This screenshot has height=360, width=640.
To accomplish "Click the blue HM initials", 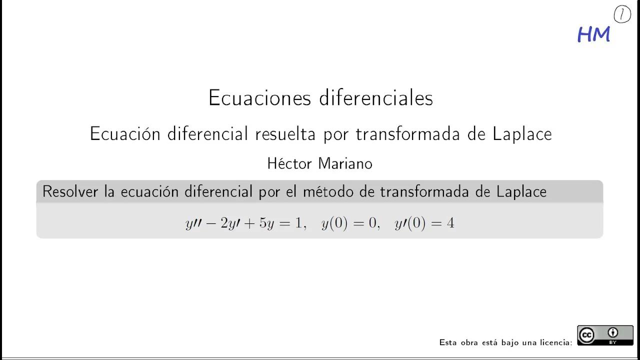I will coord(593,34).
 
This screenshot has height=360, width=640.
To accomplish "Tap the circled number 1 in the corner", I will coord(622,15).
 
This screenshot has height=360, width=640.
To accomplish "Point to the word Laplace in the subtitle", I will coord(522,134).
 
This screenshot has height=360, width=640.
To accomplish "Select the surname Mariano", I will coord(345,163).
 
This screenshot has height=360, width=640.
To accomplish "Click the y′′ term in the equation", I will coord(193,223).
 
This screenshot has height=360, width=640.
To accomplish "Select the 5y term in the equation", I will coord(265,223).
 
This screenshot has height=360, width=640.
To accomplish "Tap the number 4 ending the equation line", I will coord(450,223).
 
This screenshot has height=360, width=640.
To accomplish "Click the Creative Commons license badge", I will coord(605,335).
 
